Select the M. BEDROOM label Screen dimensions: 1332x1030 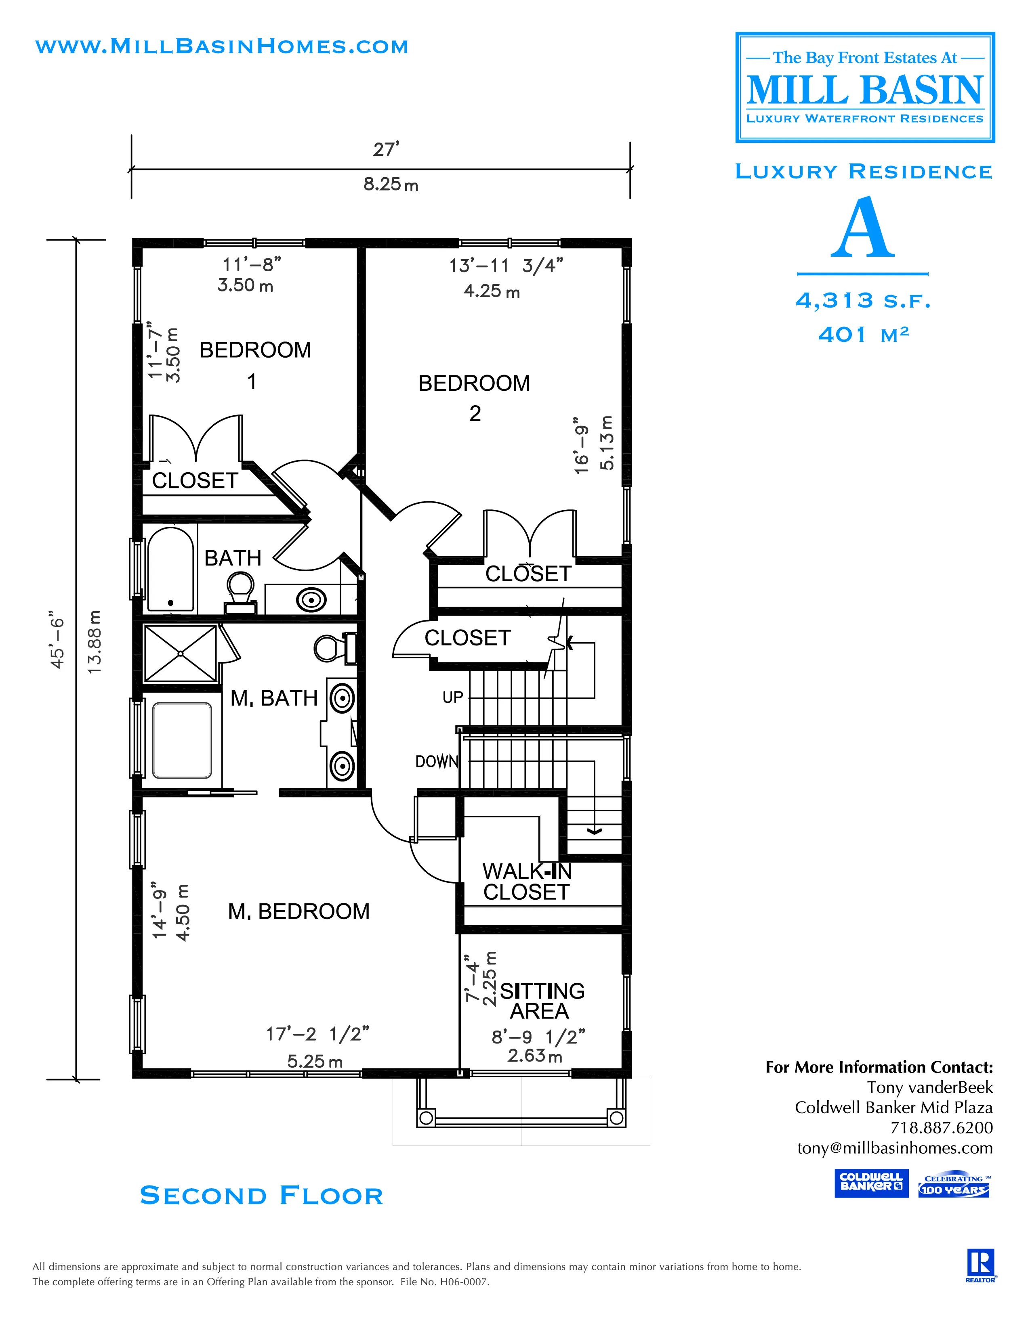pos(298,911)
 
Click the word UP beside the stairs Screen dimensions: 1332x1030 pos(453,697)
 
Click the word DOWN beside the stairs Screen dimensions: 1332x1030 pos(436,761)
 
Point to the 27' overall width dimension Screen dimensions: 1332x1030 pos(386,149)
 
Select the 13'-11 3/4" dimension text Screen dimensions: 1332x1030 pos(506,266)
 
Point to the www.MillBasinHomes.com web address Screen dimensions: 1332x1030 pos(221,46)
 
